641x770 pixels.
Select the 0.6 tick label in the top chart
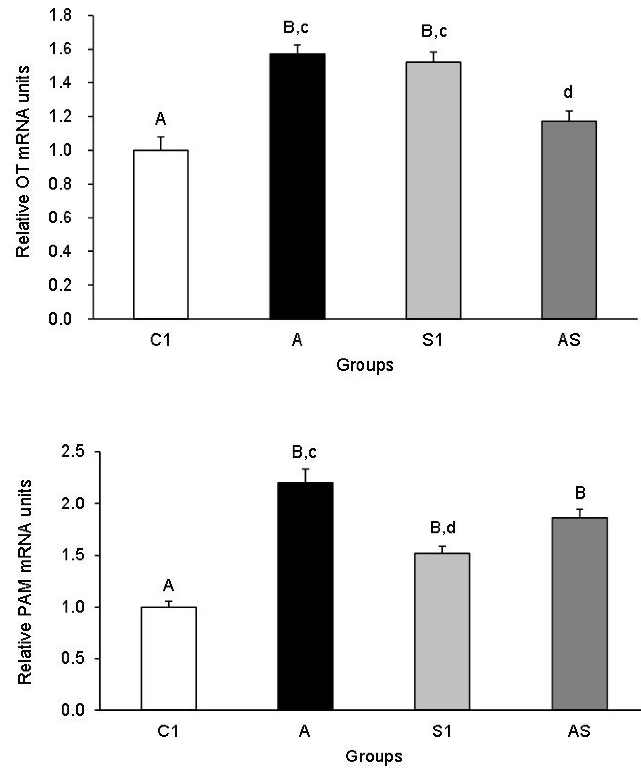(x=60, y=218)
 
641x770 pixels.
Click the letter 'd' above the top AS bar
(x=568, y=92)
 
